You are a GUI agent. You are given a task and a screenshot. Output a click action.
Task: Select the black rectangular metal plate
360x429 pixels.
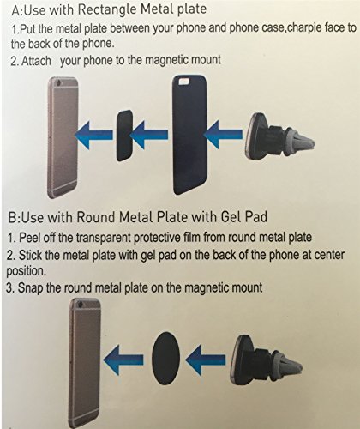pyautogui.click(x=124, y=136)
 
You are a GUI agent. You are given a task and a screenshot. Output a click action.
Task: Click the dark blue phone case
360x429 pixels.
pyautogui.click(x=189, y=135)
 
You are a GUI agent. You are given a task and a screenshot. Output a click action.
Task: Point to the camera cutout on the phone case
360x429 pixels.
pyautogui.click(x=183, y=82)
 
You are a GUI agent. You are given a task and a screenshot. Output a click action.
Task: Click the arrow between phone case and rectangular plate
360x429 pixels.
pyautogui.click(x=149, y=135)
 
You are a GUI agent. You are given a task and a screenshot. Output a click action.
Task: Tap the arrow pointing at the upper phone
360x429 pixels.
pyautogui.click(x=93, y=135)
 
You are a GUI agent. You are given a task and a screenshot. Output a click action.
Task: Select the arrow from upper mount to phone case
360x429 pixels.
pyautogui.click(x=223, y=135)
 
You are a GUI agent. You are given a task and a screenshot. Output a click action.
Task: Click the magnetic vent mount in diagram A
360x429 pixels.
pyautogui.click(x=279, y=136)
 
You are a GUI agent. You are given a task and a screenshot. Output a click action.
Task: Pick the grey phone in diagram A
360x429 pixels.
pyautogui.click(x=63, y=137)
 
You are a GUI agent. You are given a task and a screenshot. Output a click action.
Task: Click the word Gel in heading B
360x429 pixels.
pyautogui.click(x=231, y=217)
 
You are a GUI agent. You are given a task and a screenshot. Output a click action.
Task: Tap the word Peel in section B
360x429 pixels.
pyautogui.click(x=29, y=238)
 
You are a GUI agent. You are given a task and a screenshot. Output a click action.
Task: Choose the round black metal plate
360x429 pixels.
pyautogui.click(x=165, y=359)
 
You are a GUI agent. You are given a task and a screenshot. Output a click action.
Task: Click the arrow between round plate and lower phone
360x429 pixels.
pyautogui.click(x=123, y=360)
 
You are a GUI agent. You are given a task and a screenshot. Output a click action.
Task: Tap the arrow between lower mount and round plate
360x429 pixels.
pyautogui.click(x=206, y=360)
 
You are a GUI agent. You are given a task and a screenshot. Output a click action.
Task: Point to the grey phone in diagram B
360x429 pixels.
pyautogui.click(x=85, y=363)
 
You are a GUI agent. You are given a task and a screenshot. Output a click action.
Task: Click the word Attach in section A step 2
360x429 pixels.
pyautogui.click(x=36, y=61)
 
